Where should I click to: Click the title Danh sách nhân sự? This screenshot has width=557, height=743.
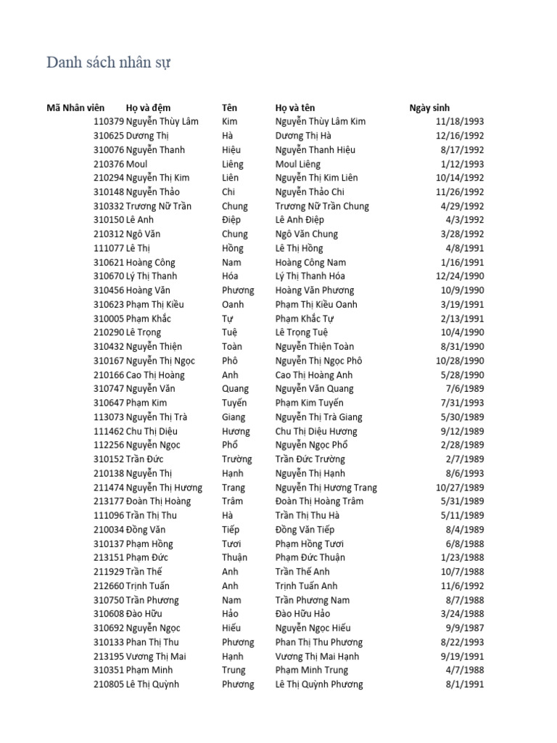click(x=109, y=63)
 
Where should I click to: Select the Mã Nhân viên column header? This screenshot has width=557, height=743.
click(x=75, y=107)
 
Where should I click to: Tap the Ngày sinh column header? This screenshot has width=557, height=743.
click(x=429, y=107)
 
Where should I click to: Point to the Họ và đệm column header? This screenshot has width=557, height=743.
click(x=148, y=107)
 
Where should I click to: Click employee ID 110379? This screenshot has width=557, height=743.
click(x=109, y=122)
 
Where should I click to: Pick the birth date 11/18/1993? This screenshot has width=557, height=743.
click(x=460, y=122)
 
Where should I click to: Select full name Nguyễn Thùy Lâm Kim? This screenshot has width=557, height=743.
click(x=321, y=122)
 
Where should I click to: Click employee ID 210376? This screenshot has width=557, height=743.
click(x=109, y=164)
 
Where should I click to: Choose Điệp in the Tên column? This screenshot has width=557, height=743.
click(x=232, y=220)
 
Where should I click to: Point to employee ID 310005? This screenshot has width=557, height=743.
click(x=109, y=319)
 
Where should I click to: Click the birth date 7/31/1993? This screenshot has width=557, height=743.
click(x=462, y=403)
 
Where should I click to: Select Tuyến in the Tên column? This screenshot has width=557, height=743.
click(x=234, y=403)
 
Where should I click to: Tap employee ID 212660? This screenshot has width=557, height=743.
click(x=109, y=586)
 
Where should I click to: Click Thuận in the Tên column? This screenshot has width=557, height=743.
click(x=234, y=557)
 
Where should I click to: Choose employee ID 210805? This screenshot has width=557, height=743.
click(x=109, y=684)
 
